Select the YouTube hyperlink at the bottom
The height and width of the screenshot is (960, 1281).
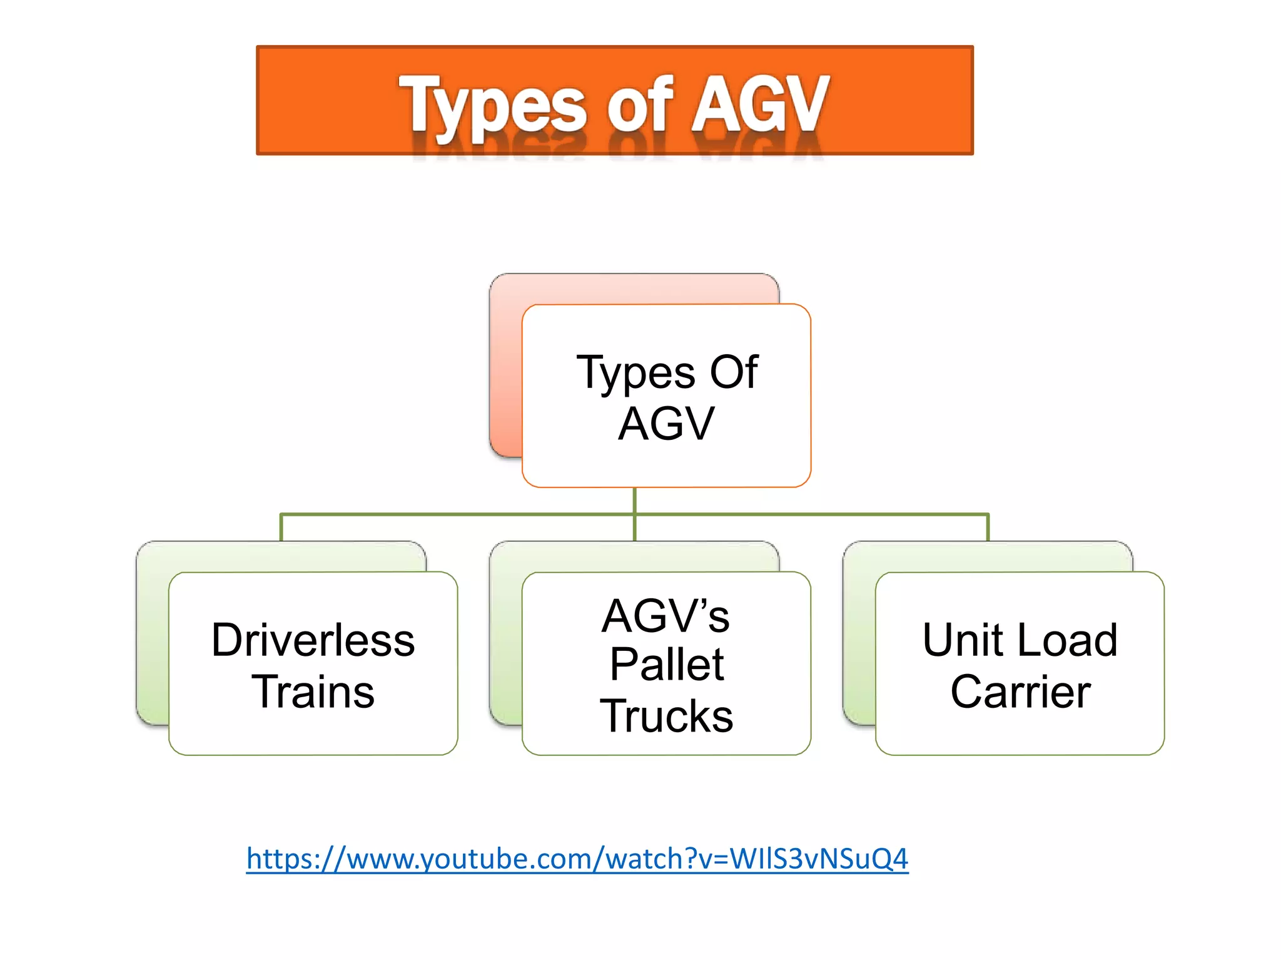pos(577,858)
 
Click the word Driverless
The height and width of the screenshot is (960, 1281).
pos(313,640)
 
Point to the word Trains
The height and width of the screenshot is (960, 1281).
pos(313,692)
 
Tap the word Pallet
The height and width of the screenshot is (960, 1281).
pos(667,665)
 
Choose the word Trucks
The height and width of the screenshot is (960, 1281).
pos(667,716)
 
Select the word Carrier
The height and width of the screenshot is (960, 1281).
pos(1021,692)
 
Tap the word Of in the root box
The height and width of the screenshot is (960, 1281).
pos(734,372)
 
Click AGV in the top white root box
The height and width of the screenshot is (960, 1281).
pos(666,424)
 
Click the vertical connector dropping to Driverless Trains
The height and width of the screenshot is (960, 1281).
pos(281,528)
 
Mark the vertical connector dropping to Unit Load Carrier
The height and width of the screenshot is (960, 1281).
pos(988,528)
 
